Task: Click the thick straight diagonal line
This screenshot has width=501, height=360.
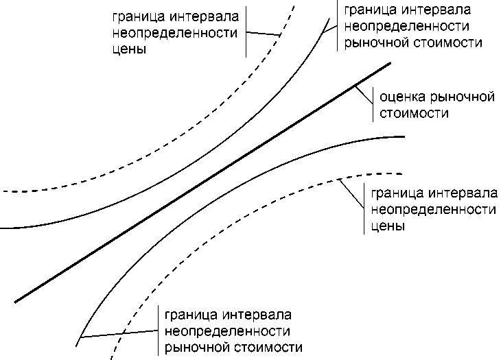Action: (x=206, y=181)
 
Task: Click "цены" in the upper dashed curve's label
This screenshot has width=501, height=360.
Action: (x=132, y=49)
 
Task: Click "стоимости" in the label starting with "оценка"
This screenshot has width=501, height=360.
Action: (x=410, y=112)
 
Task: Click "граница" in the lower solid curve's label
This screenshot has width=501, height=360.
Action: (x=189, y=316)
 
